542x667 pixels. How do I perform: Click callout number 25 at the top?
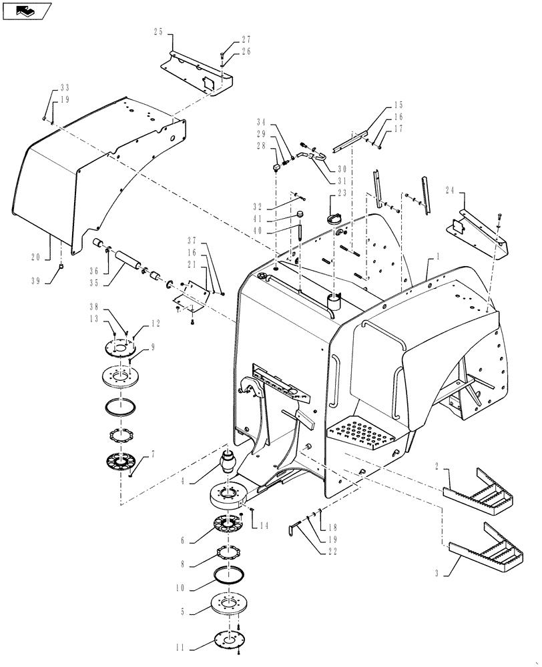coord(158,31)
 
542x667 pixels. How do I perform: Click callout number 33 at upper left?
coord(64,88)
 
